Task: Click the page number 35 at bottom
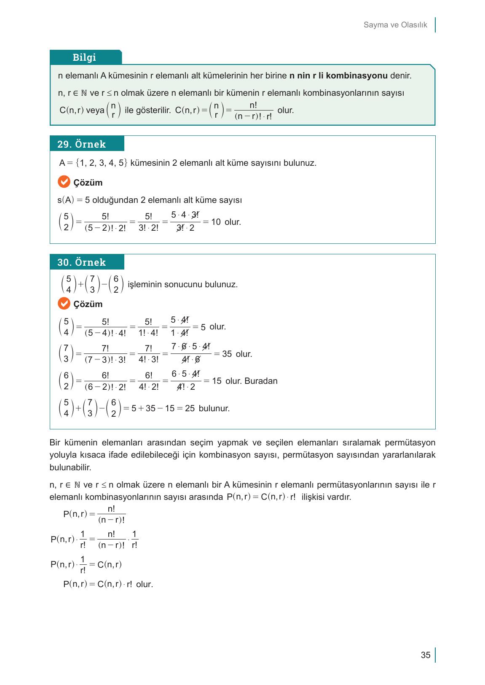click(x=426, y=655)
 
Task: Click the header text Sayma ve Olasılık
click(x=395, y=25)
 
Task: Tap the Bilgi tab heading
click(x=84, y=57)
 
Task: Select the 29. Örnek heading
click(x=81, y=144)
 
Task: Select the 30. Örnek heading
click(x=81, y=262)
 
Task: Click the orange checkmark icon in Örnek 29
click(x=64, y=182)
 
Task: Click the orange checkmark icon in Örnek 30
click(x=64, y=303)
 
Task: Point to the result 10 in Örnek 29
click(x=216, y=222)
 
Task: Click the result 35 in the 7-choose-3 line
click(x=227, y=354)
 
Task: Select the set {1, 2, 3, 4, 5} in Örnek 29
click(x=102, y=163)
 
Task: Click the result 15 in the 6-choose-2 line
click(x=217, y=381)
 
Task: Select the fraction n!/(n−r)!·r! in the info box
click(x=253, y=111)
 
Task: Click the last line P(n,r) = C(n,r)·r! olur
click(x=108, y=584)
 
